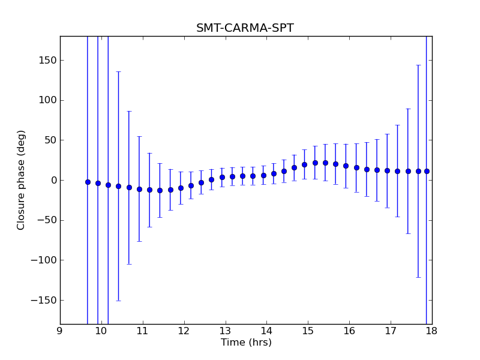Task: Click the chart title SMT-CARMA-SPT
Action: (x=245, y=28)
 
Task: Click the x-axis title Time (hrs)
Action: (x=246, y=343)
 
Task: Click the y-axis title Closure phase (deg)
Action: (x=22, y=180)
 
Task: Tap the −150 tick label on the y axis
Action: (x=45, y=300)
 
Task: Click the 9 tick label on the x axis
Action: (x=60, y=331)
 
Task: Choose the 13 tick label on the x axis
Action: (x=225, y=331)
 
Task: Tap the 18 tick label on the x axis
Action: (x=431, y=331)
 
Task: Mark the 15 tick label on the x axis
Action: (x=308, y=331)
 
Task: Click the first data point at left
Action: (x=88, y=182)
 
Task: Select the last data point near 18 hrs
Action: (x=427, y=171)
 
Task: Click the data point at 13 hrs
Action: (x=222, y=177)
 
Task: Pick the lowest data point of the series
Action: (x=160, y=190)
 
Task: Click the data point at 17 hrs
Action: (x=387, y=170)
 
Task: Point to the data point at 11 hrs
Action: (x=139, y=189)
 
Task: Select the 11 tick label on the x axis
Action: (x=142, y=331)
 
